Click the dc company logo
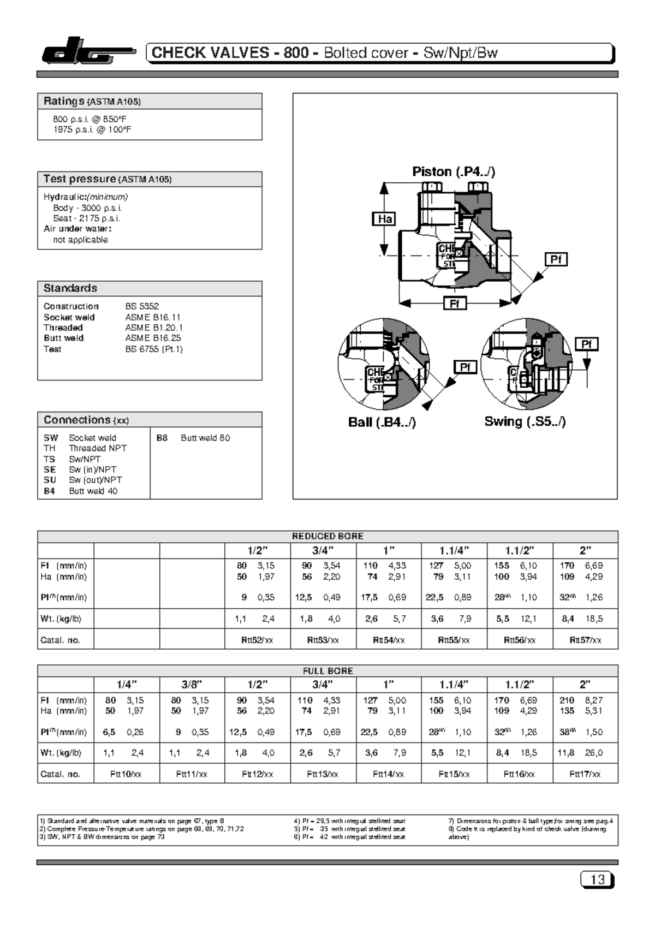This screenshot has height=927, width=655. (x=87, y=52)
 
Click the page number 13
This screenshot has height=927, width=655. (x=597, y=880)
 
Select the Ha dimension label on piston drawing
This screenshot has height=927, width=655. (x=384, y=219)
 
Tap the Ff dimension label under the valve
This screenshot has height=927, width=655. (x=454, y=304)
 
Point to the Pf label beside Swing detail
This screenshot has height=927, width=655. (x=586, y=344)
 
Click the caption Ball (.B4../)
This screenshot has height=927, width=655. (x=382, y=422)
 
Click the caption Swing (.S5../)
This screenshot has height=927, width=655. (x=525, y=421)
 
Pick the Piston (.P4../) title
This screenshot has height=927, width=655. (x=453, y=171)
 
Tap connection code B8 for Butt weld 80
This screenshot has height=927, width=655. (x=162, y=438)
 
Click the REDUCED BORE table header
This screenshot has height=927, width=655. (x=327, y=536)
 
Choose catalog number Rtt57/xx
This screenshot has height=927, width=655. (x=585, y=640)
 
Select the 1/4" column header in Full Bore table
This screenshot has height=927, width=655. (x=126, y=685)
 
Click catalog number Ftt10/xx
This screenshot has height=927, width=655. (x=126, y=774)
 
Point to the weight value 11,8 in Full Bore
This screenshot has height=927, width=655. (x=567, y=753)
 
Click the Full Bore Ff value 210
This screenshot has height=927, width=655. (x=567, y=700)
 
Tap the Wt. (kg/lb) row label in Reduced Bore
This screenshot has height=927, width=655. (x=61, y=619)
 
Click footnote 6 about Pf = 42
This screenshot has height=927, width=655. (x=349, y=837)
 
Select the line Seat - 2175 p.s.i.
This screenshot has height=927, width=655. (x=86, y=218)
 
